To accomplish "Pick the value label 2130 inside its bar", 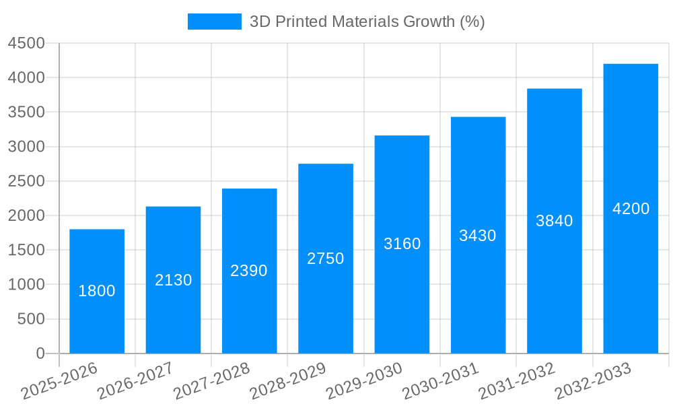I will [174, 280].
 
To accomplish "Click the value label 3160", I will [402, 244].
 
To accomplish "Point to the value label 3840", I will [554, 221].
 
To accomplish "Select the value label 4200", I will [631, 209].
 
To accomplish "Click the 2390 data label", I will [249, 271].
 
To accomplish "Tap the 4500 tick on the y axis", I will [26, 43].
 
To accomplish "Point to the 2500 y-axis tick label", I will [26, 181].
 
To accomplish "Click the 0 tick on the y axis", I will [40, 353].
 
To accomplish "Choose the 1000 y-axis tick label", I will [26, 285].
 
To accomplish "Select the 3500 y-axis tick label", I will [26, 112].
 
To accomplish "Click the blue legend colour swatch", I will [214, 22].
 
